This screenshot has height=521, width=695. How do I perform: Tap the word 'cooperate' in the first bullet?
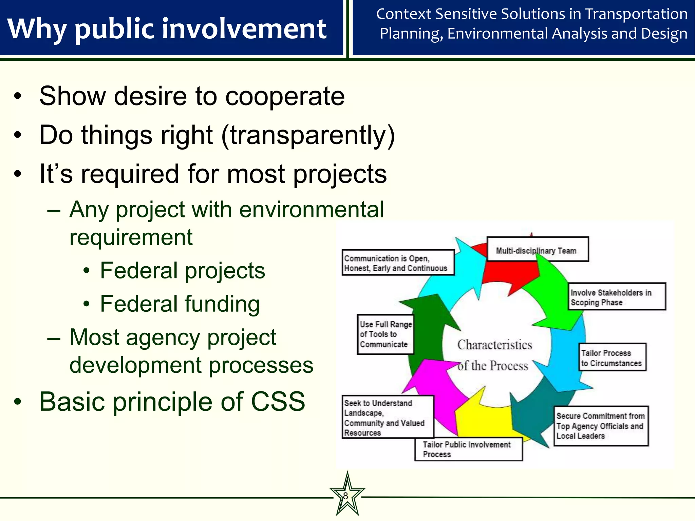(285, 96)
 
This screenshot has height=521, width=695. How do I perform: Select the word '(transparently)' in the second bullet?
(308, 135)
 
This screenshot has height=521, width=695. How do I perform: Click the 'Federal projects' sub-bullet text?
(183, 271)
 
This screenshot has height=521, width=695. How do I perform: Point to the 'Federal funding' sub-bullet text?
(180, 304)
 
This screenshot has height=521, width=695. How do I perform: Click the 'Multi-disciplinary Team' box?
(537, 249)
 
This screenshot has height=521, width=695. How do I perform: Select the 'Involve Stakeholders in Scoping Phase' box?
(617, 297)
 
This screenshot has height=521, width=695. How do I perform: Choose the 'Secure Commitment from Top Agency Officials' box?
(601, 426)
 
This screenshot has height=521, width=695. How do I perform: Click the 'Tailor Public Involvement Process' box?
(468, 449)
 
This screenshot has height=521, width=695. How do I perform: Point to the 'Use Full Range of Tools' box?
(386, 334)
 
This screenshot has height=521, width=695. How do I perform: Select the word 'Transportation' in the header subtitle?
(636, 14)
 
